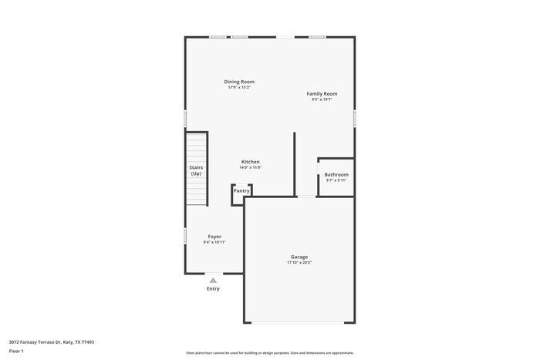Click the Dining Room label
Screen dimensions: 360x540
[239, 82]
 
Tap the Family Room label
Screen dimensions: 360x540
[322, 94]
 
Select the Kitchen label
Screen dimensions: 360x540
[250, 162]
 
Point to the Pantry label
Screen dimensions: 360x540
[241, 190]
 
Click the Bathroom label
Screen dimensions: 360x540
[336, 174]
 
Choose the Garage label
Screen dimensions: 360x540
[299, 257]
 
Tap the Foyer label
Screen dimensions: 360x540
[214, 237]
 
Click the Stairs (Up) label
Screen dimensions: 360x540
[196, 170]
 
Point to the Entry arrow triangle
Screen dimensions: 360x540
[213, 280]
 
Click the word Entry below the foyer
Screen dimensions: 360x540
[213, 289]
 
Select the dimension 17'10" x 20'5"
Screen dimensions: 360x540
[299, 263]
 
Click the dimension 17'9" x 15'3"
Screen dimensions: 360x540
[239, 88]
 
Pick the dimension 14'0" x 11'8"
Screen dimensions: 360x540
[250, 168]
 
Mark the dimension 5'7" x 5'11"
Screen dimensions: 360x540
[336, 180]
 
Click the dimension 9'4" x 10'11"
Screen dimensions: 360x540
[214, 243]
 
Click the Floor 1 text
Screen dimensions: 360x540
[16, 351]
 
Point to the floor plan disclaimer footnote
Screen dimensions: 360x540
[269, 352]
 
